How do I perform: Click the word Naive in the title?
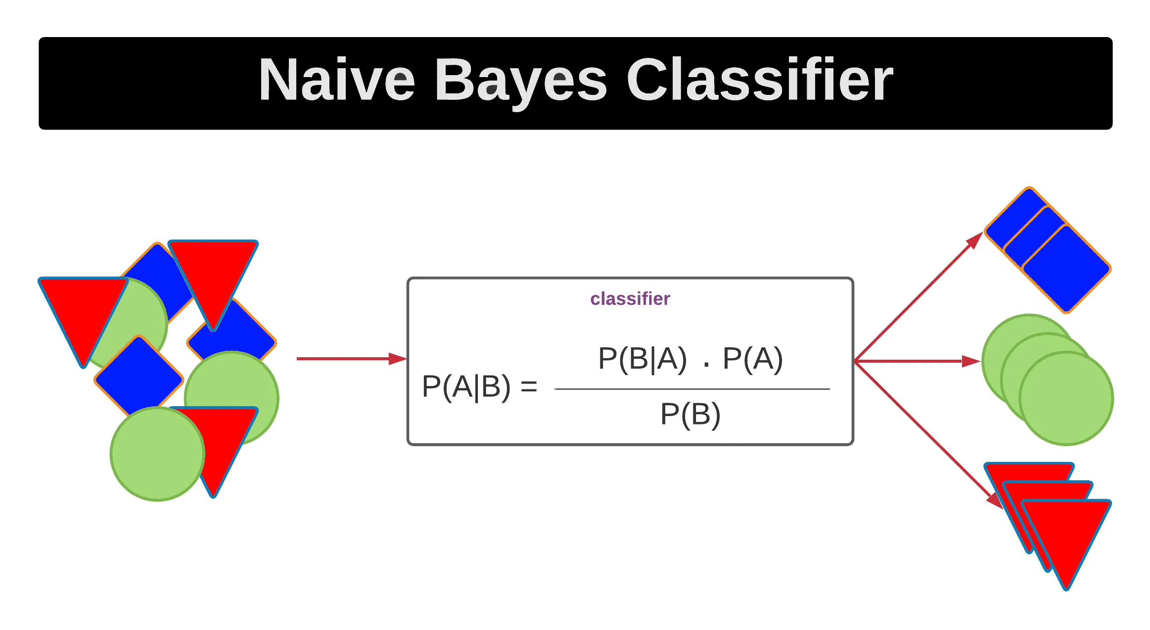(337, 81)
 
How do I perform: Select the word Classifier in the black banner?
(759, 81)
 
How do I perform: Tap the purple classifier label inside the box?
(630, 299)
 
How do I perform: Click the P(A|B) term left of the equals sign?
(465, 387)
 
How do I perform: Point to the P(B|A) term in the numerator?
(642, 359)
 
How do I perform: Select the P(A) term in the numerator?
(752, 359)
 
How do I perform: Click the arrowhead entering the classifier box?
(397, 359)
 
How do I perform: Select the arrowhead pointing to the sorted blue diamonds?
(974, 241)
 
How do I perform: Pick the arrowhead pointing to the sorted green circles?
(970, 362)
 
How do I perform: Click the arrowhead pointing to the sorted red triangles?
(994, 500)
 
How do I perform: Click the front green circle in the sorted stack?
(1066, 398)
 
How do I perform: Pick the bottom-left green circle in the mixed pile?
(157, 454)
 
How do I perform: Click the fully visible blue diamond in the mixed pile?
(139, 378)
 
